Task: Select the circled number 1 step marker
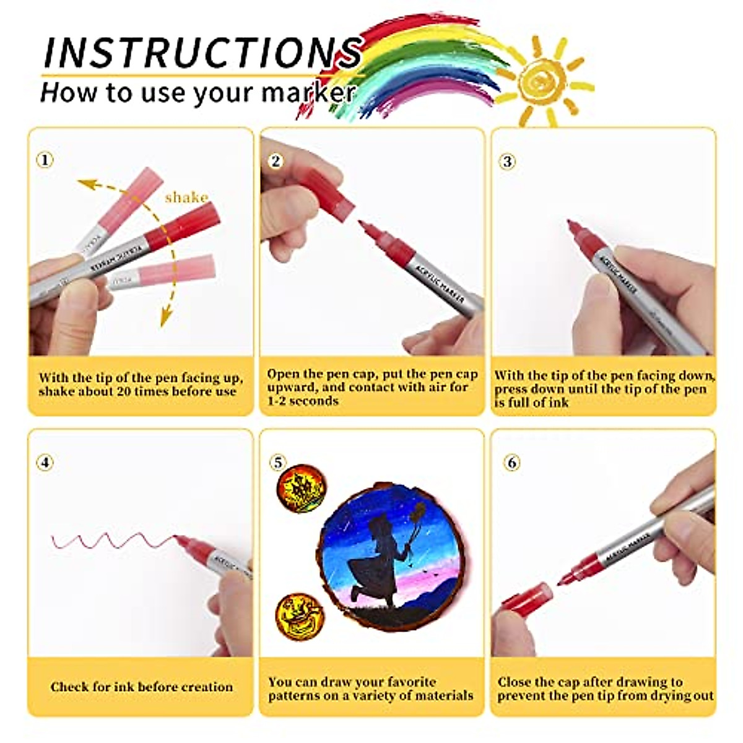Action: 45,160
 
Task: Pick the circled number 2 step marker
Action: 276,161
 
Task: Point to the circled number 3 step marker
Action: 507,162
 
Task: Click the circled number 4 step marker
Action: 45,463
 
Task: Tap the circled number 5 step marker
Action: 278,463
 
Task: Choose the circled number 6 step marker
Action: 511,463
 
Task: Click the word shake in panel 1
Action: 186,198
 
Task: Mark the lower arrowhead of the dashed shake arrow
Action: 165,319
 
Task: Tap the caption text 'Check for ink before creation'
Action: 142,687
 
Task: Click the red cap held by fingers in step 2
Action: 328,192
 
